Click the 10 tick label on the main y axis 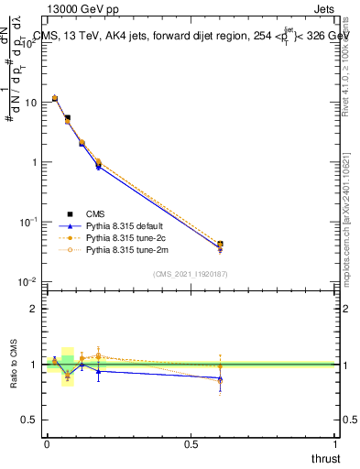pos(30,103)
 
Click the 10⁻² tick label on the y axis pos(28,281)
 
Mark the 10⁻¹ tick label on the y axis pos(28,222)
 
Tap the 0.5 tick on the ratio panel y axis pos(29,420)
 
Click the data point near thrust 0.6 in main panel pos(220,245)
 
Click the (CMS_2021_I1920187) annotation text pos(191,273)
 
